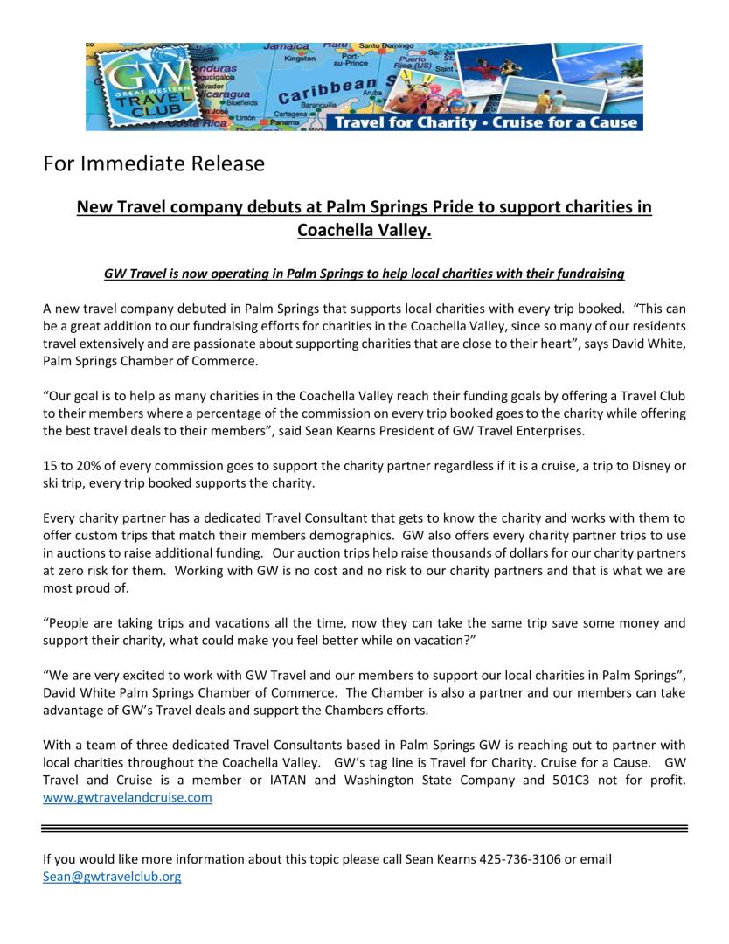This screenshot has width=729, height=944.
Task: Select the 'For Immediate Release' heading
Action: coord(153,163)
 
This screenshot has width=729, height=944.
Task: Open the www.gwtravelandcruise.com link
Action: coord(128,797)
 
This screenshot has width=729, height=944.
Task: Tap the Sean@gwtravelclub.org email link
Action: coord(112,877)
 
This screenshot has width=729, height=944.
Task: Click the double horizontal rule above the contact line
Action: coord(364,828)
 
